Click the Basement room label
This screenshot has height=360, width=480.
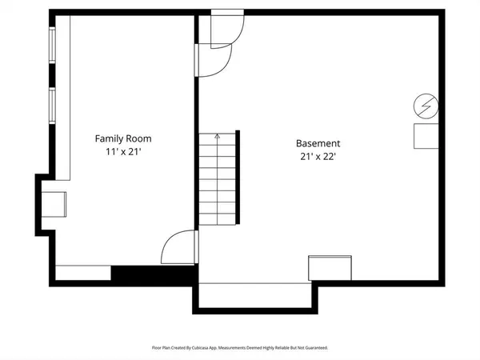tap(320, 144)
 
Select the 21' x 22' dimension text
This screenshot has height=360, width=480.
tap(320, 157)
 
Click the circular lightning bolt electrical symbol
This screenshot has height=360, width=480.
tap(426, 105)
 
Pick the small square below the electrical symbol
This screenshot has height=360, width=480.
tap(426, 136)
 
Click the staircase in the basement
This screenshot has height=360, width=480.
tap(217, 181)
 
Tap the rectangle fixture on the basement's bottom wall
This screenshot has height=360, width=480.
tap(330, 268)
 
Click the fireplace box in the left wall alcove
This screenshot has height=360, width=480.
tap(54, 203)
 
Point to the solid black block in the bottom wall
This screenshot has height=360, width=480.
tap(152, 274)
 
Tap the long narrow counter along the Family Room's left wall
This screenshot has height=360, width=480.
tap(63, 100)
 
